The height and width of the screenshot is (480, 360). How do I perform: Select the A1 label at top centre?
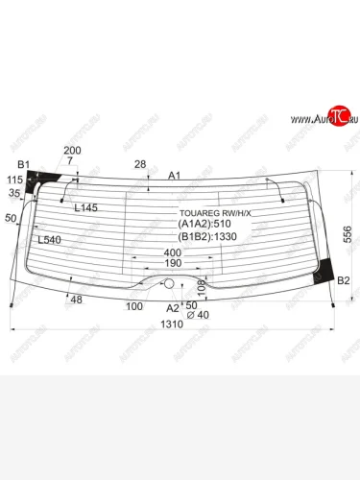click(x=174, y=176)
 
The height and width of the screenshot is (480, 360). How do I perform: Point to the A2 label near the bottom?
click(x=172, y=308)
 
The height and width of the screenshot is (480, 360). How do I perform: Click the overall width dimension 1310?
click(x=171, y=324)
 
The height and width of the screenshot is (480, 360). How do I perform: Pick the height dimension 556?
click(x=348, y=233)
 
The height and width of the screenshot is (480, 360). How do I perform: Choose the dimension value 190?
click(x=173, y=262)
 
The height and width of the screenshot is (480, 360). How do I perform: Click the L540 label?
click(x=49, y=240)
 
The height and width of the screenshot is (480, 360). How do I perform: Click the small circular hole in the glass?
click(x=170, y=284)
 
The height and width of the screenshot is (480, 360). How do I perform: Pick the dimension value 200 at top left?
click(x=72, y=151)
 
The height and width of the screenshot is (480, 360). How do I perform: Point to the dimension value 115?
click(x=14, y=180)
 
